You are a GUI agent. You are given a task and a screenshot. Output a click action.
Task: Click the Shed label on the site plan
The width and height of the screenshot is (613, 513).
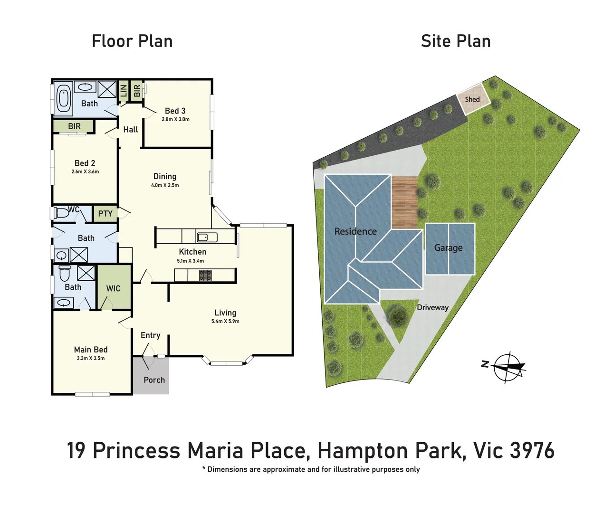472,99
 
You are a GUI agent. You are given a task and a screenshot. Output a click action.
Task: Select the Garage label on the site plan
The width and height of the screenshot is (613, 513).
448,247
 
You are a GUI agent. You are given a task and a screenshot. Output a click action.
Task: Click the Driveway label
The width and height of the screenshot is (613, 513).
432,307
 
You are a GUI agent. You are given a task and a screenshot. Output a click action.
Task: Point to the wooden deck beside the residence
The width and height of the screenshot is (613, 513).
404,202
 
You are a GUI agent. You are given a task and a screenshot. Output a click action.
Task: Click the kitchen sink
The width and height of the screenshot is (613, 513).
207,237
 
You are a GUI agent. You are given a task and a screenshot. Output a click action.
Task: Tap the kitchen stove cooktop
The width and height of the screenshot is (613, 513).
205,275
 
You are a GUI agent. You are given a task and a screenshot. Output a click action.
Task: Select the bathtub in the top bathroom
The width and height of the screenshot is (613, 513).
63,98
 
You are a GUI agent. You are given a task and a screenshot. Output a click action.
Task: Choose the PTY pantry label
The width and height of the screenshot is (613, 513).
105,214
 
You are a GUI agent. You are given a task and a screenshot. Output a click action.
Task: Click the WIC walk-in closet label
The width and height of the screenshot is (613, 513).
113,288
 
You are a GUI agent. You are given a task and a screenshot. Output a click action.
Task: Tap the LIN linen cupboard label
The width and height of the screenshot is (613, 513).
124,90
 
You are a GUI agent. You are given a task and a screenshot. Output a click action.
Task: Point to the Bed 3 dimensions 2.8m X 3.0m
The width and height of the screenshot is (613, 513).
175,119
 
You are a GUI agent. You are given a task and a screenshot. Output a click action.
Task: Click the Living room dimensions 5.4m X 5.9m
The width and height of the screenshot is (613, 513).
225,322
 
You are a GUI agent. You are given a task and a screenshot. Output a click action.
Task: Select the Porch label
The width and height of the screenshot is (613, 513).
154,380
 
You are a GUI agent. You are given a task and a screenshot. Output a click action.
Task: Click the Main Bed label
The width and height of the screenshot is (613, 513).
91,350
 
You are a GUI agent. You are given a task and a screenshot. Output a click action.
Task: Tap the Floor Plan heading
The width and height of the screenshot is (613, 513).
132,41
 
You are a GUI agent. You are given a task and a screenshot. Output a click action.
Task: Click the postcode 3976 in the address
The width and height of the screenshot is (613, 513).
533,450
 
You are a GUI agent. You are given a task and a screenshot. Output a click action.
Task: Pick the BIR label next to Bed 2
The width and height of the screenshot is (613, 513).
74,126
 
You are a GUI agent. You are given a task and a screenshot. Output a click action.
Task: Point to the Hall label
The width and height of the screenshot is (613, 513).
131,130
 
